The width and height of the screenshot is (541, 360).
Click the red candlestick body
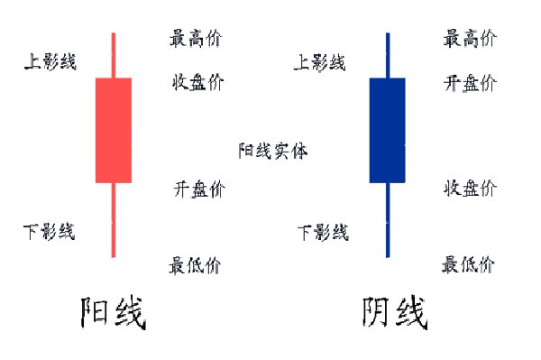[113, 130]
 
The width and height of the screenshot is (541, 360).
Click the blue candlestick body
[387, 130]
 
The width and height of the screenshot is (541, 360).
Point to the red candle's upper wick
[113, 55]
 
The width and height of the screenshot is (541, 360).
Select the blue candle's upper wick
[387, 55]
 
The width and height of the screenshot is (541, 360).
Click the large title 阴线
[395, 314]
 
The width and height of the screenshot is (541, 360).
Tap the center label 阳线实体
[273, 151]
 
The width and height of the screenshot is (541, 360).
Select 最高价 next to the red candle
[196, 38]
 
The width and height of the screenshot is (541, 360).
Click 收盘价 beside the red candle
[198, 83]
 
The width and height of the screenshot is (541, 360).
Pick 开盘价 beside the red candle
[199, 189]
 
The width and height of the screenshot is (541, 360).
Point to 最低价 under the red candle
[194, 265]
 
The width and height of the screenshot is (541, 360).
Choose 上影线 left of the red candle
[50, 61]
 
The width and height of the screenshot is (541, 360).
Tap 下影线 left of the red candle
[50, 232]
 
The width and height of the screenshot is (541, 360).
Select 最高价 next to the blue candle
[470, 38]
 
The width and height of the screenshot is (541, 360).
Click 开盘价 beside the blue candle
[470, 83]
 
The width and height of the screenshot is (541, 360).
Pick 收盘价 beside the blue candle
[470, 188]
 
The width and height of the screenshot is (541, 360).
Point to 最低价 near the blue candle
[468, 264]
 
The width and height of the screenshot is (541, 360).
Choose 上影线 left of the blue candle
[320, 62]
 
